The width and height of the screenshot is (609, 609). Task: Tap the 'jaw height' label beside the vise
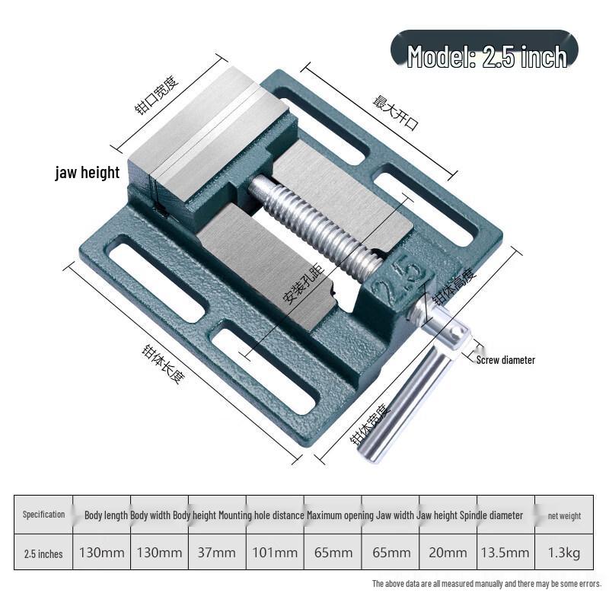88,173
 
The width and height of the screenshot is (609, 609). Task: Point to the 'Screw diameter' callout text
505,360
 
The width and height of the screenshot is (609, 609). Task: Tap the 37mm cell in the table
217,553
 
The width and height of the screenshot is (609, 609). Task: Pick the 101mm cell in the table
275,553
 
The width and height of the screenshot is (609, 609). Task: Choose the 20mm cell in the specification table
448,553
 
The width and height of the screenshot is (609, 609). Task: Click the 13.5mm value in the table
505,553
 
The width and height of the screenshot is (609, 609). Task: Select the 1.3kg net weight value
564,553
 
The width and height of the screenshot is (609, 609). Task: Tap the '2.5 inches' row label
43,554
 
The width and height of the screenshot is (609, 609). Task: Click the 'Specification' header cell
43,515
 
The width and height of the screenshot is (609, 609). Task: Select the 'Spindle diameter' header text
491,515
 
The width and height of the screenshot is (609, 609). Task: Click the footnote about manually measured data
486,583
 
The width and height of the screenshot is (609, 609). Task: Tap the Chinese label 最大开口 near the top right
396,112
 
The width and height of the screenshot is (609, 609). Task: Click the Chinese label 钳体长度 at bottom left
164,364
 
